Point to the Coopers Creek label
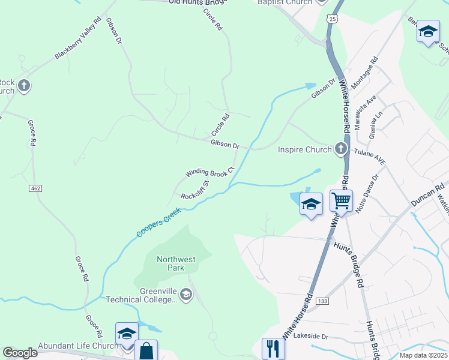pyautogui.click(x=158, y=222)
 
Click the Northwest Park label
pyautogui.click(x=176, y=263)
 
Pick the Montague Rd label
pyautogui.click(x=364, y=73)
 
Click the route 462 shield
pyautogui.click(x=35, y=188)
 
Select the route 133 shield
pyautogui.click(x=322, y=300)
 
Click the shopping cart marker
pyautogui.click(x=341, y=200)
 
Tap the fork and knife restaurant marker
pyautogui.click(x=273, y=347)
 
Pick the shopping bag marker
pyautogui.click(x=146, y=350)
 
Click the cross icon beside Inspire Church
pyautogui.click(x=341, y=148)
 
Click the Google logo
pyautogui.click(x=20, y=353)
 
